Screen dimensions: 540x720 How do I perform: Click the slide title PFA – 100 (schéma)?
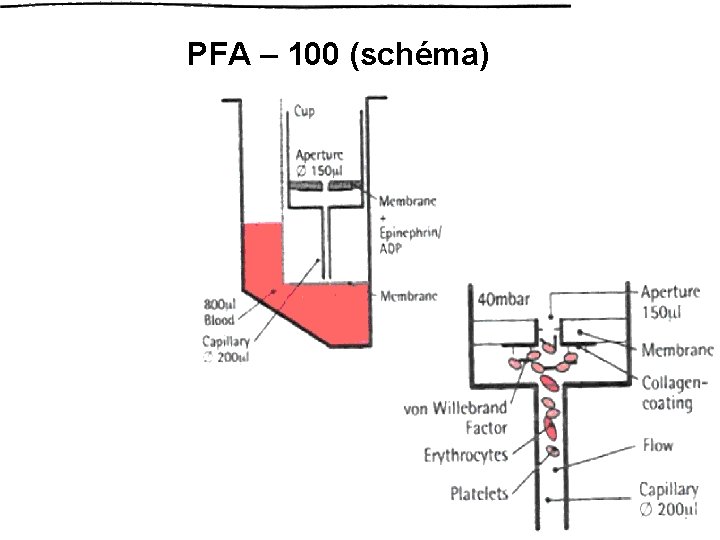click(338, 56)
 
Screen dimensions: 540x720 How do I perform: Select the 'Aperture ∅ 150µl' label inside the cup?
click(320, 161)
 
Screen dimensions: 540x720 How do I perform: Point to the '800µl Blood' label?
click(219, 312)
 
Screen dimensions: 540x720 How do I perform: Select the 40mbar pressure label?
click(504, 298)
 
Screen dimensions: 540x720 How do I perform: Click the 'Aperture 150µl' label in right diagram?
click(676, 302)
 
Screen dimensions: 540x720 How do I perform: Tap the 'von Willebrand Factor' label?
click(457, 418)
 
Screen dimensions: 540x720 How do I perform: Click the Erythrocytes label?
click(466, 455)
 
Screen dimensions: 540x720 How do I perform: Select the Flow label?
click(658, 445)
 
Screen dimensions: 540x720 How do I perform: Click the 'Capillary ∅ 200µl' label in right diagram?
click(669, 499)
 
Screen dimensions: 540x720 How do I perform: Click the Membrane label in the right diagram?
click(677, 350)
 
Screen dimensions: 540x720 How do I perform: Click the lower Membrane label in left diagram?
click(409, 296)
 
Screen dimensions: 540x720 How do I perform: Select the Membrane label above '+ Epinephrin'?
click(409, 201)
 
